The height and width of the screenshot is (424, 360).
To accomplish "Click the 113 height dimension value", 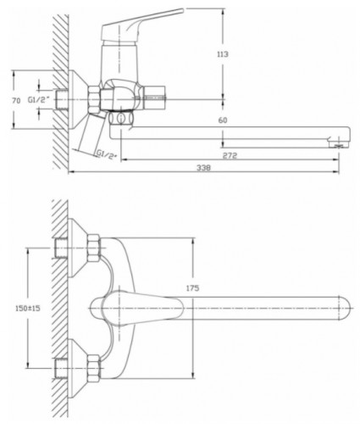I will click(x=223, y=54).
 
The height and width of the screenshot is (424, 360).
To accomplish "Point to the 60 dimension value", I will click(x=222, y=121).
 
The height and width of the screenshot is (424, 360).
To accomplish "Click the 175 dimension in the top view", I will click(x=191, y=288).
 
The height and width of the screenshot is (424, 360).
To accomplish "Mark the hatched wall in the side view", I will click(x=58, y=85).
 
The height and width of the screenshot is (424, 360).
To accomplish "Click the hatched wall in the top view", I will click(x=58, y=305).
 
